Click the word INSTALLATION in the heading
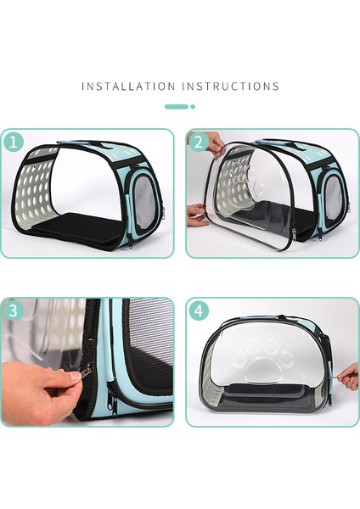click(x=127, y=87)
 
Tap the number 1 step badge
click(x=13, y=142)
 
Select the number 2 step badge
click(x=199, y=142)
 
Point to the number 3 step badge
click(x=13, y=310)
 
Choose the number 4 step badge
click(x=199, y=310)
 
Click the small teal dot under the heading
click(x=193, y=107)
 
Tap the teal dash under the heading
click(x=176, y=107)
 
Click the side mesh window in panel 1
click(x=146, y=202)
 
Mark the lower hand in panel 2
click(x=198, y=215)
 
